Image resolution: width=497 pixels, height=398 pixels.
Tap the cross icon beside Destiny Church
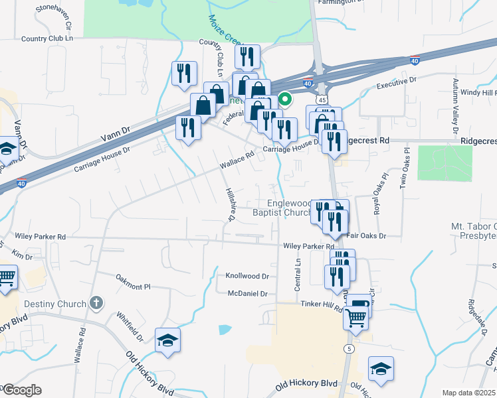pyautogui.click(x=96, y=304)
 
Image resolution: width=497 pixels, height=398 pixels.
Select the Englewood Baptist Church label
pyautogui.click(x=282, y=208)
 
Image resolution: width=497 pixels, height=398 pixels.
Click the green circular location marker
pyautogui.click(x=285, y=101)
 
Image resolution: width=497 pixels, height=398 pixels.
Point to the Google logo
pyautogui.click(x=21, y=390)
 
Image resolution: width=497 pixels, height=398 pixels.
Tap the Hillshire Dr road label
pyautogui.click(x=231, y=203)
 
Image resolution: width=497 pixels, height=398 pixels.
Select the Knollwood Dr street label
pyautogui.click(x=247, y=276)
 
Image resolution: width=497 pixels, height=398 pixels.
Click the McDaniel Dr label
pyautogui.click(x=247, y=293)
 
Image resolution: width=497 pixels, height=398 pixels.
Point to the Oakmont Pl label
pyautogui.click(x=133, y=282)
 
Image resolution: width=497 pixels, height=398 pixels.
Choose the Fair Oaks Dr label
pyautogui.click(x=365, y=235)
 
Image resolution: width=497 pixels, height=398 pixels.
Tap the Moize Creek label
pyautogui.click(x=225, y=29)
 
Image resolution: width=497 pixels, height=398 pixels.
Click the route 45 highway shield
pyautogui.click(x=322, y=98)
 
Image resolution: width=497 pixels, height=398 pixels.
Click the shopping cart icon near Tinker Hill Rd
pyautogui.click(x=355, y=318)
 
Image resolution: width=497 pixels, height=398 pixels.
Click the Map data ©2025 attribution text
pyautogui.click(x=469, y=393)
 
